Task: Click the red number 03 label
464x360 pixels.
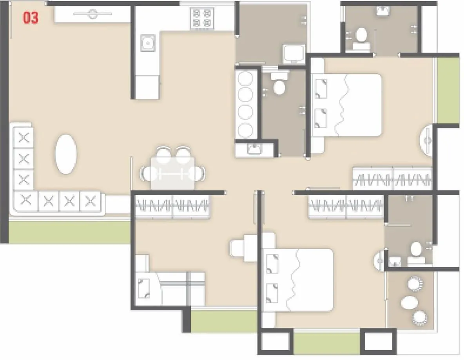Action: pos(31,18)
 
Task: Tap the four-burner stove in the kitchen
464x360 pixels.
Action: pos(201,18)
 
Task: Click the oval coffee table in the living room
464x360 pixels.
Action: pos(65,154)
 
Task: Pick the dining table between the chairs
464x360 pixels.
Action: pos(173,173)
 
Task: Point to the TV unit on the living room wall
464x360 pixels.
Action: pos(92,15)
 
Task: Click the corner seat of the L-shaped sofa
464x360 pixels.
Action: pos(25,201)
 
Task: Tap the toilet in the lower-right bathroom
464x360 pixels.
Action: pos(415,249)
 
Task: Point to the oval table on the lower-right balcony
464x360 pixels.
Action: pos(410,302)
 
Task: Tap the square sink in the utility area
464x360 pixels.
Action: pos(294,53)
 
